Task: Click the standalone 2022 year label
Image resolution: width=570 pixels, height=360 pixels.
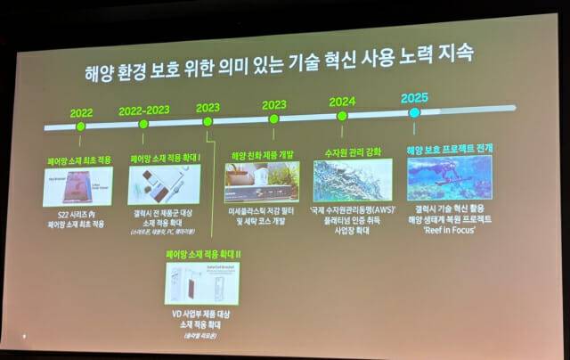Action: [81, 112]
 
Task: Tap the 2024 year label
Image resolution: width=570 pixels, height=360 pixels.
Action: [342, 101]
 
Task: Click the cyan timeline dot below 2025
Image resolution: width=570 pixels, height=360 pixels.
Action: [414, 112]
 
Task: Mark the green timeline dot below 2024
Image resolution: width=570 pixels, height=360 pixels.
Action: [342, 116]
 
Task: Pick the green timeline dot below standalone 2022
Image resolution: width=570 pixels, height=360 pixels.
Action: [81, 127]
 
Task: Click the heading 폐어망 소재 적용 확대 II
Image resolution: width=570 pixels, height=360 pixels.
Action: [202, 254]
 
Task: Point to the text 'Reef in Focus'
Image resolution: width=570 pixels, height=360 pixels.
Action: [452, 228]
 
